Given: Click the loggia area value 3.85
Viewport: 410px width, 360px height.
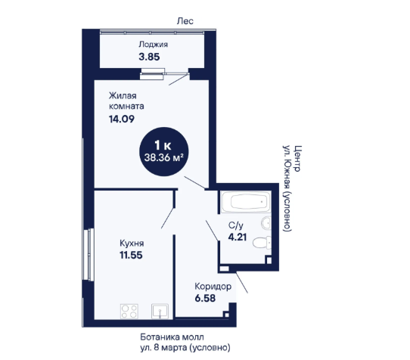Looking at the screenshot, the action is click(x=149, y=57).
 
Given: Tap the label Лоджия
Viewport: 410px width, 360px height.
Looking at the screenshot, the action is click(x=154, y=45).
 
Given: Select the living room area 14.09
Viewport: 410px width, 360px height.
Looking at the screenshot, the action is click(x=122, y=119).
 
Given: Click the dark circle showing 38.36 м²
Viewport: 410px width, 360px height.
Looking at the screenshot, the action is click(x=164, y=151).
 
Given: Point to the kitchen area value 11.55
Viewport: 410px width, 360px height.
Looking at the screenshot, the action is click(x=131, y=255).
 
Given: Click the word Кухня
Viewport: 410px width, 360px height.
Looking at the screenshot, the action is click(x=132, y=244).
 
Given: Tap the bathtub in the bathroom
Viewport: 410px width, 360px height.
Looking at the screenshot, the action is click(x=246, y=202).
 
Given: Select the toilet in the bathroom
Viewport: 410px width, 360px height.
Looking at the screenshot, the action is click(x=262, y=243).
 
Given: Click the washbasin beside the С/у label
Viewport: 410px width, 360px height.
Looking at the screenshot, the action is click(x=266, y=223).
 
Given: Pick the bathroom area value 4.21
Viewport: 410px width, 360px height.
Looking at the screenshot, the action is click(x=238, y=237).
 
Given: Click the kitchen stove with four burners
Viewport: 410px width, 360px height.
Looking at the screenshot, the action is click(x=129, y=311).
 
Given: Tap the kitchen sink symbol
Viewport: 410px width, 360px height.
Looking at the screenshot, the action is click(x=160, y=311).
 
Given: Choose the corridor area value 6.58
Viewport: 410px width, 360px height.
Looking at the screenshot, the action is click(x=205, y=298).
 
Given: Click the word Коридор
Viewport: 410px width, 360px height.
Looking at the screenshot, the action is click(x=213, y=287).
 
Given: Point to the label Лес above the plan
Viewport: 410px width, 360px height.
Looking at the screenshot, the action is click(x=185, y=21).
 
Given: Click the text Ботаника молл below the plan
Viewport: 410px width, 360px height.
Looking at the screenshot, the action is click(x=172, y=337).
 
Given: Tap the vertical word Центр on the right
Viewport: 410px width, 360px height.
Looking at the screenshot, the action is click(x=298, y=158).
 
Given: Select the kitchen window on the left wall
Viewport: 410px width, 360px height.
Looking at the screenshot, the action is click(x=90, y=255).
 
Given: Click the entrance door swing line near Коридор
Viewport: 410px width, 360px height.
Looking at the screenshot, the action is click(x=242, y=283).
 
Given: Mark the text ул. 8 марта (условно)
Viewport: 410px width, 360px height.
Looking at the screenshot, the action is click(x=185, y=348).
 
